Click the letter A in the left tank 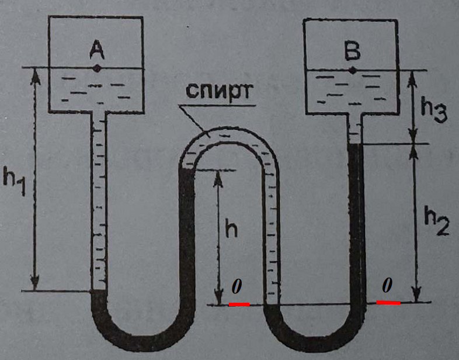(96, 52)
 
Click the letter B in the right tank (352, 53)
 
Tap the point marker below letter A (97, 68)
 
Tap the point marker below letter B (352, 71)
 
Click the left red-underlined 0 (237, 288)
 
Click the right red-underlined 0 (387, 286)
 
